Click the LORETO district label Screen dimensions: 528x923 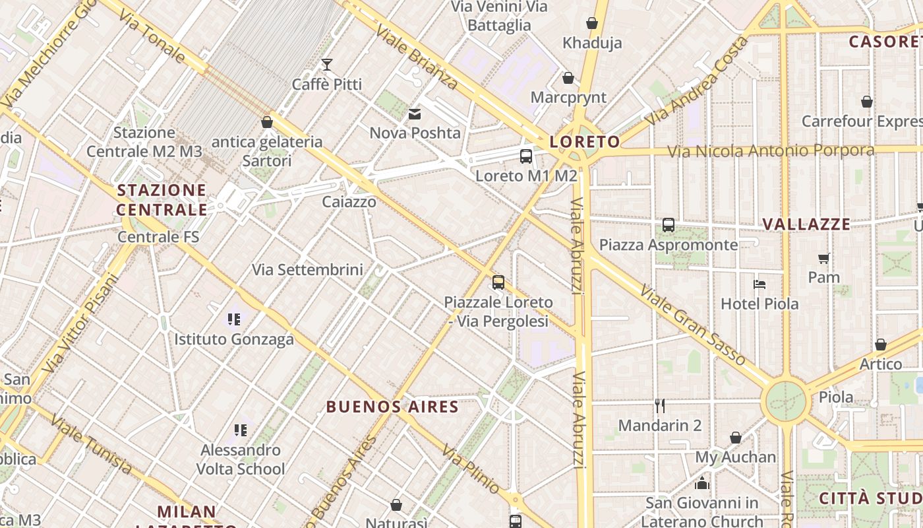click(585, 141)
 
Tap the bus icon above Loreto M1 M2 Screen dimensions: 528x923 click(525, 156)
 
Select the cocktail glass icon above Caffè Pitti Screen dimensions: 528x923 click(326, 65)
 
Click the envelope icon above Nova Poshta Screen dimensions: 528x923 click(415, 114)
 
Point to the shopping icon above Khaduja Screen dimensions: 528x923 click(592, 24)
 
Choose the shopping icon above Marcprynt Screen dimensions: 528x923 click(568, 78)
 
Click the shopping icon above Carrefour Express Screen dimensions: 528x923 click(867, 102)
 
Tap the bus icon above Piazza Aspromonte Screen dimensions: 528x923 click(669, 225)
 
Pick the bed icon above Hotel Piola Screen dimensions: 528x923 click(759, 284)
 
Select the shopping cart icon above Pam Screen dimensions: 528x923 click(823, 258)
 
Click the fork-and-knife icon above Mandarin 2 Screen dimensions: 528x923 click(659, 405)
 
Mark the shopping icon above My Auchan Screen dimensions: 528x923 click(736, 438)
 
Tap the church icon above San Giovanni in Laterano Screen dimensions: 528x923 click(701, 483)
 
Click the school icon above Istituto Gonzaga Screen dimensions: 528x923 click(234, 319)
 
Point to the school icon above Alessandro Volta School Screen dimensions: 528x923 click(241, 430)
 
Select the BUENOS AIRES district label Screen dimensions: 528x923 click(392, 407)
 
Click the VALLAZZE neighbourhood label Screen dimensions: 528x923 click(806, 224)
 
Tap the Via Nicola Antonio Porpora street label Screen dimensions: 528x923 click(771, 151)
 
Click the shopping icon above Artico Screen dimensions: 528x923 click(880, 345)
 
